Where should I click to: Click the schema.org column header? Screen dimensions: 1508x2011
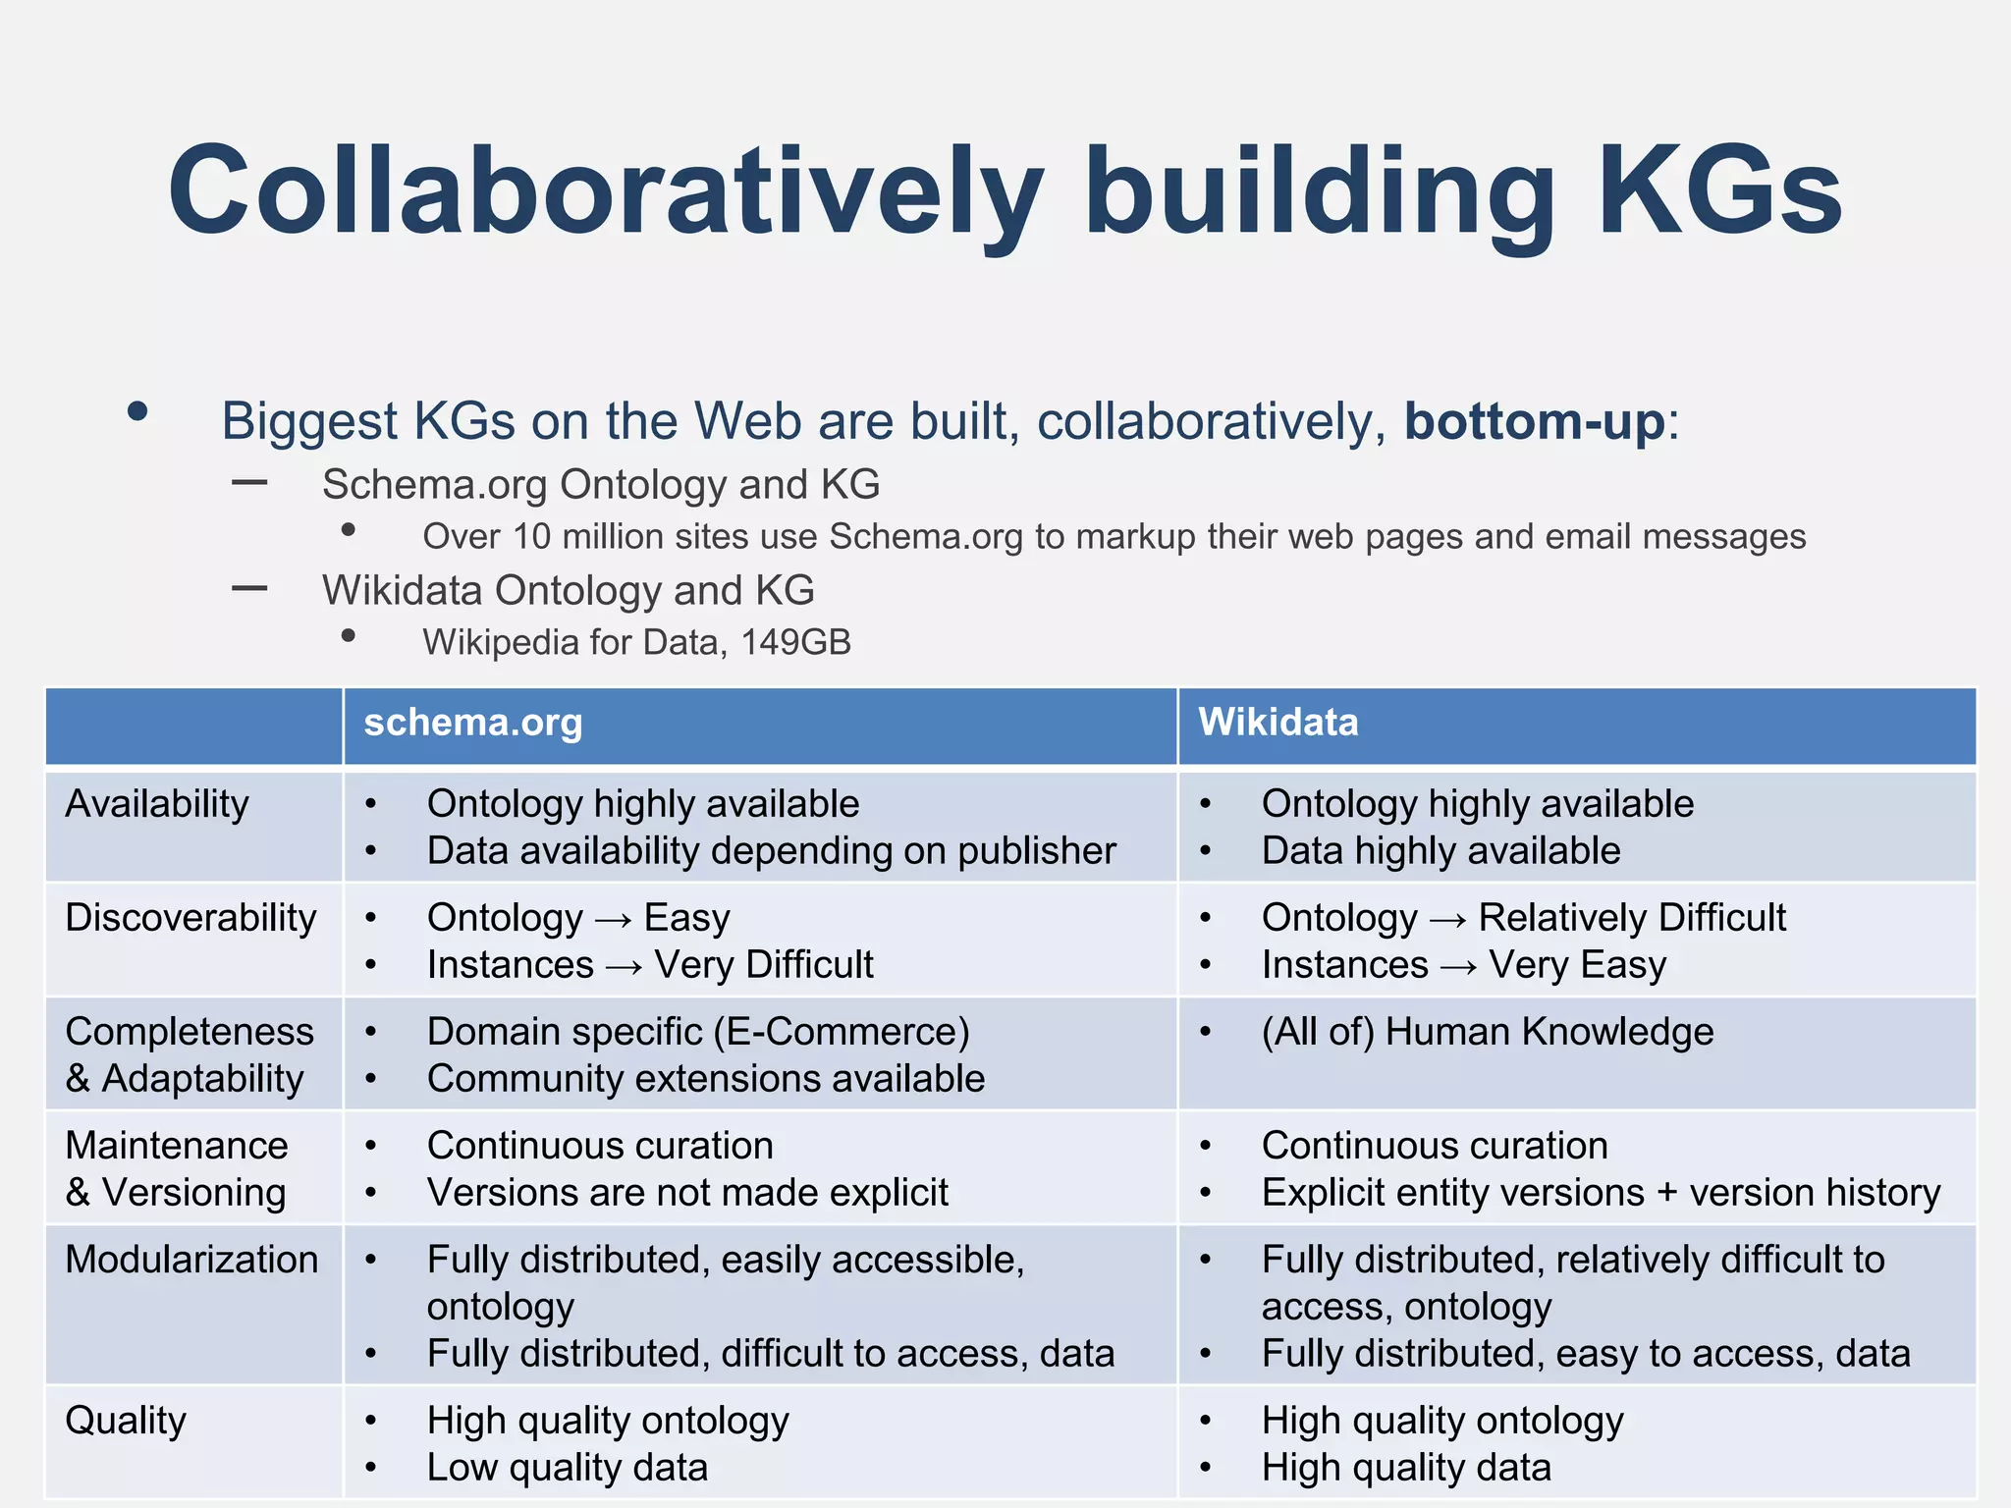point(473,724)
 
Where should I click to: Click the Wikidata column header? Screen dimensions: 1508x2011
point(1277,724)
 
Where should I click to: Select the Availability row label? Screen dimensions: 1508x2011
point(157,804)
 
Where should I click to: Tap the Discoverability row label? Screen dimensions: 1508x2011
point(190,918)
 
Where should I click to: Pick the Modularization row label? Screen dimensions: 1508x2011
point(191,1260)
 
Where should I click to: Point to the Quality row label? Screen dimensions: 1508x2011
point(126,1421)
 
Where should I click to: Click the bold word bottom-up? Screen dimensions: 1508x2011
point(1534,422)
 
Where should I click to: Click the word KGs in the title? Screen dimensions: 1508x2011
point(1720,191)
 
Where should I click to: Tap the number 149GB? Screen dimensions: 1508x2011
point(795,642)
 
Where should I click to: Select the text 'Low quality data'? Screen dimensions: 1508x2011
point(568,1468)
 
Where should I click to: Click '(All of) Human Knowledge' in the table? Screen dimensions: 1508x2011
point(1488,1032)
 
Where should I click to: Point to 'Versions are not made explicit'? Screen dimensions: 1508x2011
point(687,1193)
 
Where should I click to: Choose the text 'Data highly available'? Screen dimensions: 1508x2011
point(1440,851)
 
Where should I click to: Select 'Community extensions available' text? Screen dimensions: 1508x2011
point(706,1079)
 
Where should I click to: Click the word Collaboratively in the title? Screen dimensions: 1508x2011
point(605,191)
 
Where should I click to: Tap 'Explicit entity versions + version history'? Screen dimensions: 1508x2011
point(1601,1193)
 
